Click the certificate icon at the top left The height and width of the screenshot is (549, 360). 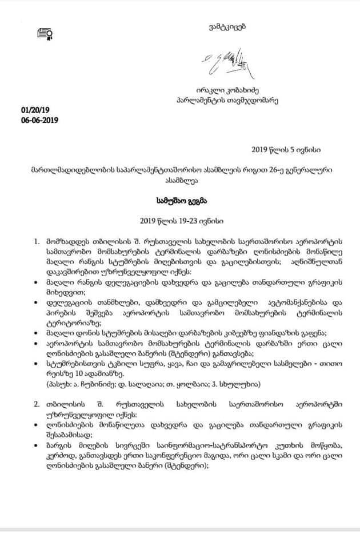[45, 33]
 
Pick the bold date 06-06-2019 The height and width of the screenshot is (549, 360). [39, 120]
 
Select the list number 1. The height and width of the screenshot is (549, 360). [37, 241]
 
